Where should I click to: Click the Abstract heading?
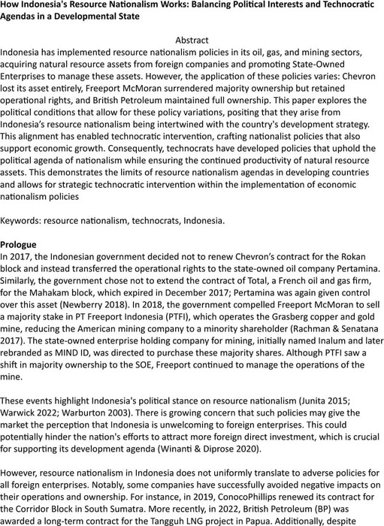click(x=191, y=39)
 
